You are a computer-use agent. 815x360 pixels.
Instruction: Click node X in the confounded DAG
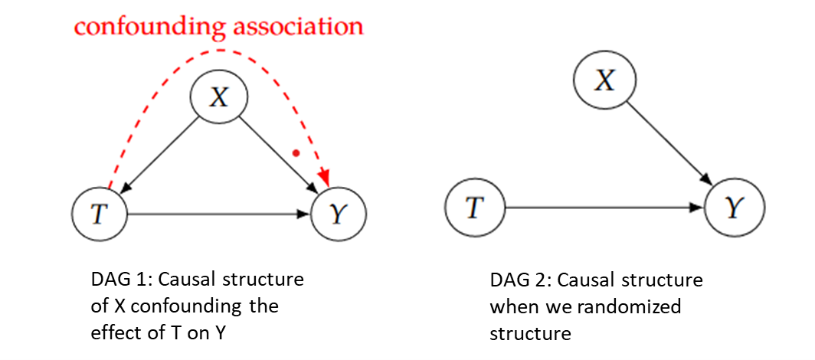point(219,97)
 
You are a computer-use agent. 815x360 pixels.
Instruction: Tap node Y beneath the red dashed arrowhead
point(338,214)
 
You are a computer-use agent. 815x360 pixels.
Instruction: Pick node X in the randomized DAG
point(604,80)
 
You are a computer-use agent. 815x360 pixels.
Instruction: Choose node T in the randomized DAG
point(475,207)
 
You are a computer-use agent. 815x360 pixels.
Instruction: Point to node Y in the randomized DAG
point(733,207)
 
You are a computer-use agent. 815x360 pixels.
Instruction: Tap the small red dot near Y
point(296,153)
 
